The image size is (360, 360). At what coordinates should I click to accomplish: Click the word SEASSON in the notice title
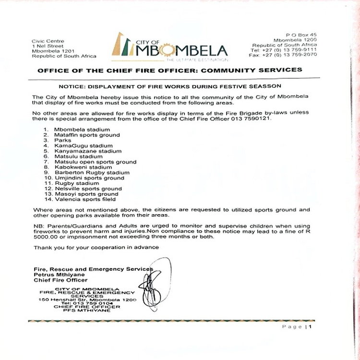(258, 87)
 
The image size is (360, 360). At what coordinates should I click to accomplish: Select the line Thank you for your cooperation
(96, 247)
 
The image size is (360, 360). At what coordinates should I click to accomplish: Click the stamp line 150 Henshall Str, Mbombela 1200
(88, 300)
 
